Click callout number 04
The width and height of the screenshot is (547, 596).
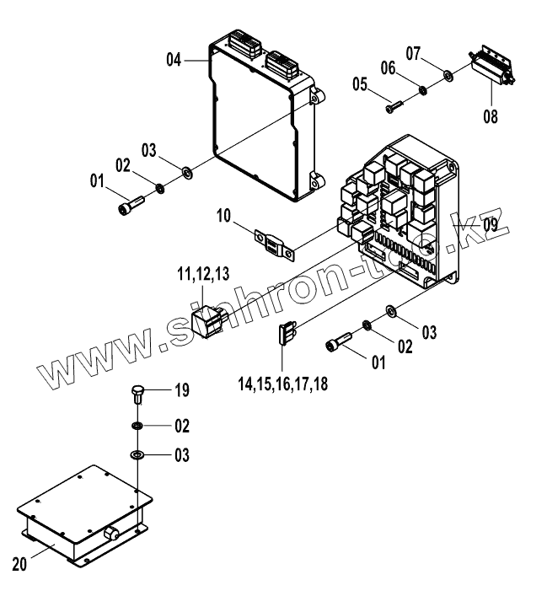tap(174, 59)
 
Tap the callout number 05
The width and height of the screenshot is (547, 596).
tap(360, 85)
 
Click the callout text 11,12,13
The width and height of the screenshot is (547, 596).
tap(202, 274)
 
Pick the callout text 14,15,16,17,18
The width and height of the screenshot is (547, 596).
tap(283, 383)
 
